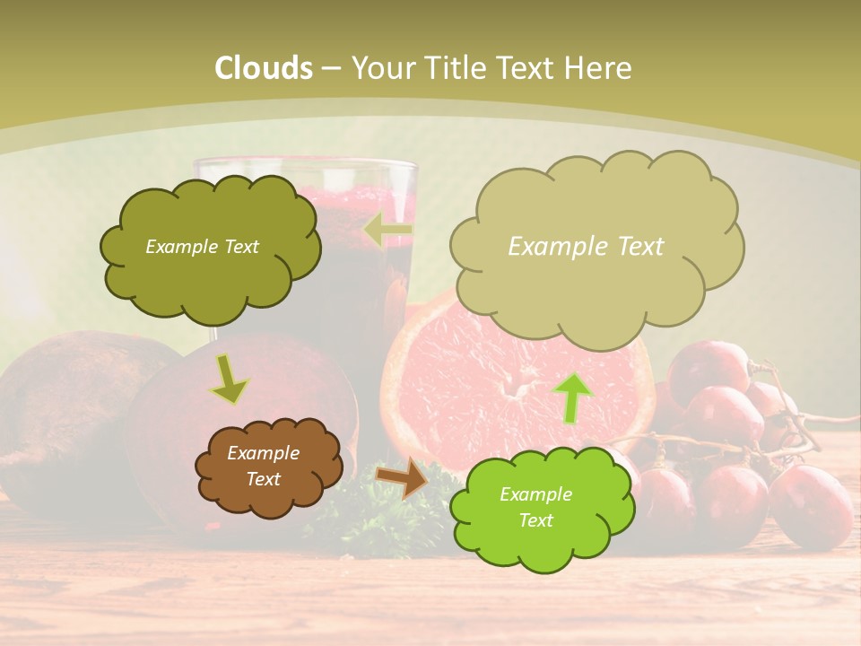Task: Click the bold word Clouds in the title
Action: coord(264,68)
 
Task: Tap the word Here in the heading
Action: coord(599,68)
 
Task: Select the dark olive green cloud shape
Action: coord(210,269)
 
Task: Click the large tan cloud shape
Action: coord(596,287)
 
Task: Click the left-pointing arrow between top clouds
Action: coord(389,231)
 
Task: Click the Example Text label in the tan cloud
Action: coord(586,247)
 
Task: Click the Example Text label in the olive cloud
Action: coord(202,247)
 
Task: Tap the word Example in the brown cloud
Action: coord(263,453)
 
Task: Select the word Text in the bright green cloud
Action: coord(536,520)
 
